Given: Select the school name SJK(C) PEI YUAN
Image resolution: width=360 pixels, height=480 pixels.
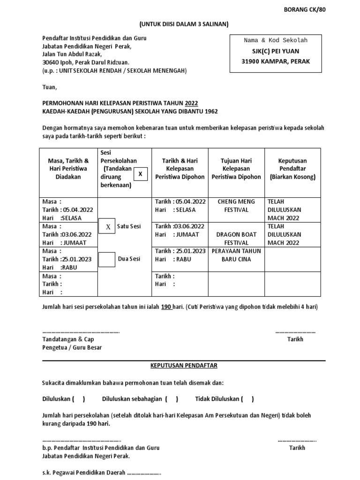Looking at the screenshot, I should click(x=275, y=51).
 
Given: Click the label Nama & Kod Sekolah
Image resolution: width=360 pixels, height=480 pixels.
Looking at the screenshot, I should click(x=275, y=40).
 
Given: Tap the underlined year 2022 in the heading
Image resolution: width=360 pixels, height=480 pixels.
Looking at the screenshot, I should click(x=191, y=103).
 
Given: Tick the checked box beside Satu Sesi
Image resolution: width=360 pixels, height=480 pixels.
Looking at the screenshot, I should click(x=107, y=226).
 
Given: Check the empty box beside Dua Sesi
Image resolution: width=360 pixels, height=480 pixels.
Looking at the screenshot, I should click(x=107, y=259).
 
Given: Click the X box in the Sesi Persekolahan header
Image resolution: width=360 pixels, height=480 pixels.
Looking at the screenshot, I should click(x=140, y=175).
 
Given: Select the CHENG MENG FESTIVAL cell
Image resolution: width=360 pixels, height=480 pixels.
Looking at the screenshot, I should click(x=236, y=206).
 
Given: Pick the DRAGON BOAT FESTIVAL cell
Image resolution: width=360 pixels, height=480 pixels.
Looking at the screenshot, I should click(x=236, y=239).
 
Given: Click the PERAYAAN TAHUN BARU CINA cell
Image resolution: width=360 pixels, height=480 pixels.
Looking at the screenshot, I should click(x=236, y=255).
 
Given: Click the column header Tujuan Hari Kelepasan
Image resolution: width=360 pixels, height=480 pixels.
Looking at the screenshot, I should click(x=236, y=169).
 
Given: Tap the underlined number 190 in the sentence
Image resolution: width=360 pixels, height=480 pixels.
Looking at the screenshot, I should click(x=166, y=307).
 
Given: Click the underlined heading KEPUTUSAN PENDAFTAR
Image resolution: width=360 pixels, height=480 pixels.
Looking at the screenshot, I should click(x=184, y=365).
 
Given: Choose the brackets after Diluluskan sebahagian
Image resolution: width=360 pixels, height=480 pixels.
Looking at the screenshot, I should click(x=171, y=399).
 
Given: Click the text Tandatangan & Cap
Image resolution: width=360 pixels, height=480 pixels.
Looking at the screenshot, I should click(x=68, y=339).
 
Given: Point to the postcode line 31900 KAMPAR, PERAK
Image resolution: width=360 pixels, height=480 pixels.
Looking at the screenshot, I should click(x=275, y=61).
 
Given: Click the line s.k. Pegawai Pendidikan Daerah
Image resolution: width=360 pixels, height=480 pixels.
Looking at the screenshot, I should click(x=101, y=472).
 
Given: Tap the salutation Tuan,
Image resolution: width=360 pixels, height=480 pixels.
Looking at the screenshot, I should click(x=49, y=87).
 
